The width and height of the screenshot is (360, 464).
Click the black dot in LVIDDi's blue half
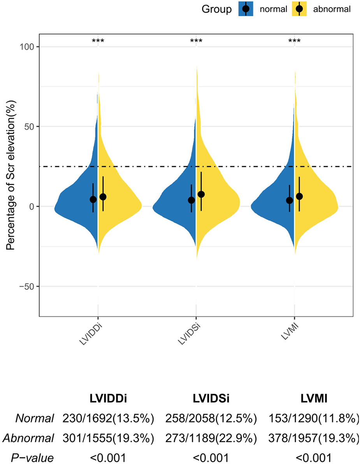click(93, 199)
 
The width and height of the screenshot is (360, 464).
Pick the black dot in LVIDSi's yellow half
click(201, 194)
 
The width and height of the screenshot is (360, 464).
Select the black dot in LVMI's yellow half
click(299, 196)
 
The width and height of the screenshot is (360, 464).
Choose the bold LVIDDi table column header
click(109, 399)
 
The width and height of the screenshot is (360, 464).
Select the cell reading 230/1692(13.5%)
click(109, 418)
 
